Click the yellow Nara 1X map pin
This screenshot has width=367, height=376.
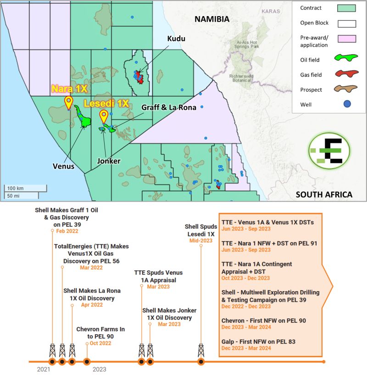[69, 101]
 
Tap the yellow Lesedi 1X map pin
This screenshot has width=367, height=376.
[104, 115]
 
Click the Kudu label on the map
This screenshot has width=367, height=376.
[176, 39]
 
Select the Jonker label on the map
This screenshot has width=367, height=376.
[109, 161]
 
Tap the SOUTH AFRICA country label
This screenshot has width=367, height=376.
[324, 194]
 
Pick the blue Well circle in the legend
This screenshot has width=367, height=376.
[347, 104]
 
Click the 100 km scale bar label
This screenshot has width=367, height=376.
[15, 188]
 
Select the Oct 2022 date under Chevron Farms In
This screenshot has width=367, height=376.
[100, 342]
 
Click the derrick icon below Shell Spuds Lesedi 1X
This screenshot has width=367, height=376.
[200, 351]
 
